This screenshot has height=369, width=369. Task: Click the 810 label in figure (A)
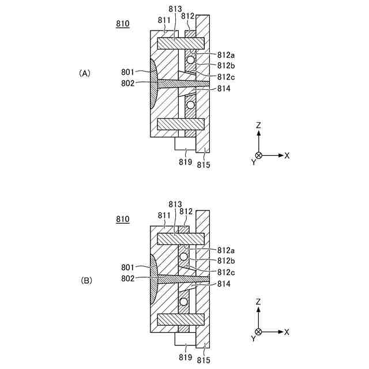pos(122,24)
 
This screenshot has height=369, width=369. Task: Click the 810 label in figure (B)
pos(122,220)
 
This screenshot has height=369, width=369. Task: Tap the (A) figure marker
pos(85,73)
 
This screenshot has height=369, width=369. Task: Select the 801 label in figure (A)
pos(128,72)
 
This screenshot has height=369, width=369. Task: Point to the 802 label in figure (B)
pos(128,278)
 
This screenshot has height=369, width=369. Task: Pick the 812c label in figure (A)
pos(226,76)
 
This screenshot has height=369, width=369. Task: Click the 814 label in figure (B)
pos(223,285)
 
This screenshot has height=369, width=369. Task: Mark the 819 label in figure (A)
pos(184,162)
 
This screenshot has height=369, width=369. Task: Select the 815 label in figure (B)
pos(204,360)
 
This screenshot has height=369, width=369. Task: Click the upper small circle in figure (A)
pos(191,60)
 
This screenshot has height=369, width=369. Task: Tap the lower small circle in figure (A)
pos(190,105)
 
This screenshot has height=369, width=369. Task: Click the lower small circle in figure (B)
pos(184,302)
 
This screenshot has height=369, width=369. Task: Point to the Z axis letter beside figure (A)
pos(259,125)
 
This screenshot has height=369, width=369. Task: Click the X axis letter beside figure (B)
pos(287,332)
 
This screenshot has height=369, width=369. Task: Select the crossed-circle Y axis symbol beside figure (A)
pos(259,156)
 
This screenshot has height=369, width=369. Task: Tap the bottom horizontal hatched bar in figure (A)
pos(181,123)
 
